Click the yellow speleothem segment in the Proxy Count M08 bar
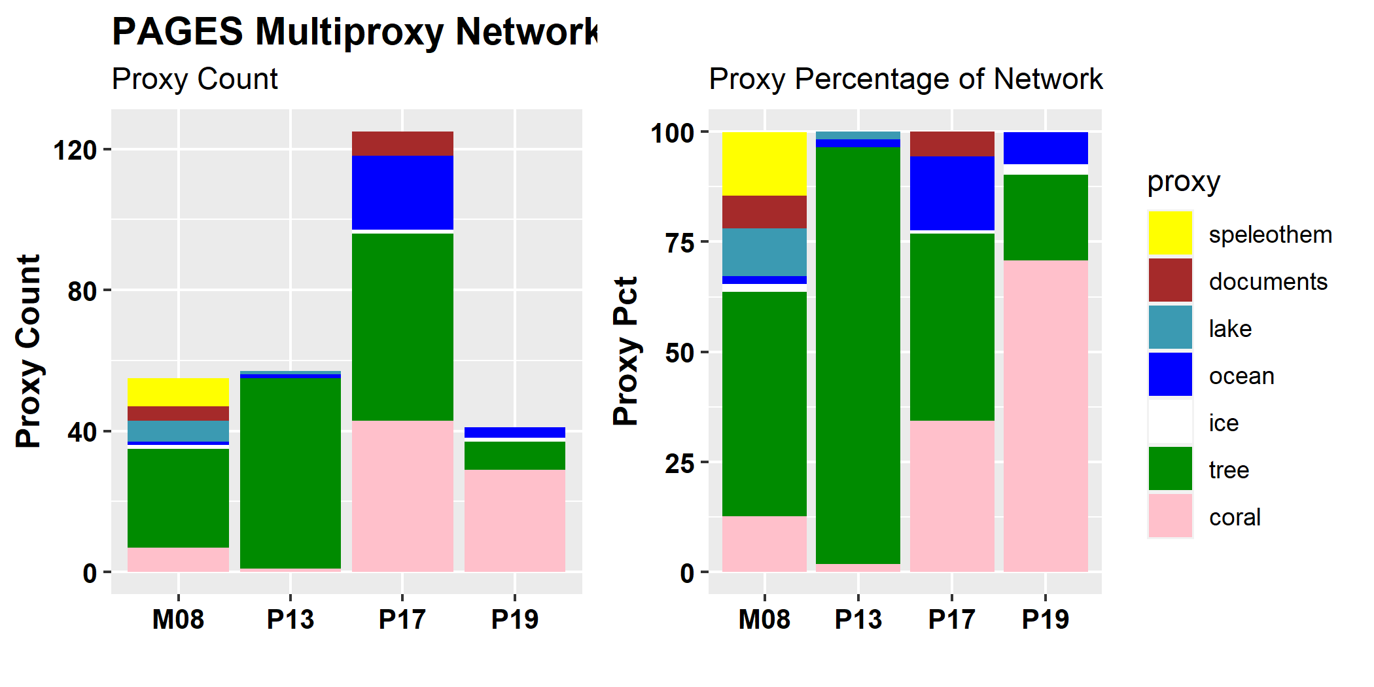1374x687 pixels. click(178, 392)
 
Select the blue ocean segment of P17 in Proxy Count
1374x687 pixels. click(402, 192)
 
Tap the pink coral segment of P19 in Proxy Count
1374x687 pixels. click(515, 520)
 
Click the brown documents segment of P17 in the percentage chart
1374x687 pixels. click(952, 144)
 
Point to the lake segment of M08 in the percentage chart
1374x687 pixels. click(764, 252)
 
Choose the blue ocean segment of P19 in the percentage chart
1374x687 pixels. click(1046, 148)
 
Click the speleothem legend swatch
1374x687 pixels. click(1170, 233)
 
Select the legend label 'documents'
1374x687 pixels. click(1268, 282)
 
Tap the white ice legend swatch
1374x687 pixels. click(1170, 422)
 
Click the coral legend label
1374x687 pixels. click(1235, 518)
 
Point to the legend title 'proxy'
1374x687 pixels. click(1184, 182)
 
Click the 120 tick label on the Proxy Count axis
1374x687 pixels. click(75, 150)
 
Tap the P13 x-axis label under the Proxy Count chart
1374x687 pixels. click(291, 619)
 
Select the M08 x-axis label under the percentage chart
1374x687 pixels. click(764, 619)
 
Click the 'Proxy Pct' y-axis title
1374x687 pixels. click(626, 351)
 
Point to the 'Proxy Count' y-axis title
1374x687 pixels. click(29, 351)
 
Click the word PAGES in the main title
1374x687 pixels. click(177, 31)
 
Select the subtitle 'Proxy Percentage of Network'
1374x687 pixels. click(906, 79)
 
